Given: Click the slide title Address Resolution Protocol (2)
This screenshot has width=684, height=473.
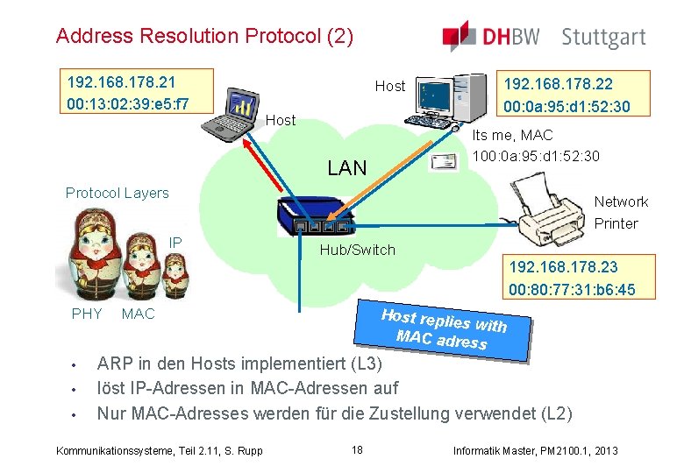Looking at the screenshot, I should (204, 37).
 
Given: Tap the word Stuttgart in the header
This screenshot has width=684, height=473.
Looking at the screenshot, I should (603, 38).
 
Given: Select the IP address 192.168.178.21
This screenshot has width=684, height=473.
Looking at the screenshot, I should (122, 82).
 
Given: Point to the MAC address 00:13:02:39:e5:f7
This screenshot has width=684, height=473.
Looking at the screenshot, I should (128, 104).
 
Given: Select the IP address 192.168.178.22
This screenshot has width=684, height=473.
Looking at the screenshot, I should (557, 85).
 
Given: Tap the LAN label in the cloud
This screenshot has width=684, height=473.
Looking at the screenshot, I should (346, 168).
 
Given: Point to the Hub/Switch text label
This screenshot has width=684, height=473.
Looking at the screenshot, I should (358, 251).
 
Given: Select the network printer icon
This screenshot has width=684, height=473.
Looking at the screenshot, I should (550, 211).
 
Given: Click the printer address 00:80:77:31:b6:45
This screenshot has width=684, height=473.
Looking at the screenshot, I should (572, 290).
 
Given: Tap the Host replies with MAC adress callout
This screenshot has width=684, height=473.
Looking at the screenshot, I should (445, 329).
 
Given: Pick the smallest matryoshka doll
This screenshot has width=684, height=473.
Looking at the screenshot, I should (175, 268).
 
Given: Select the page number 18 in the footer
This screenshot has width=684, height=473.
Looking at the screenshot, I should (357, 450).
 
